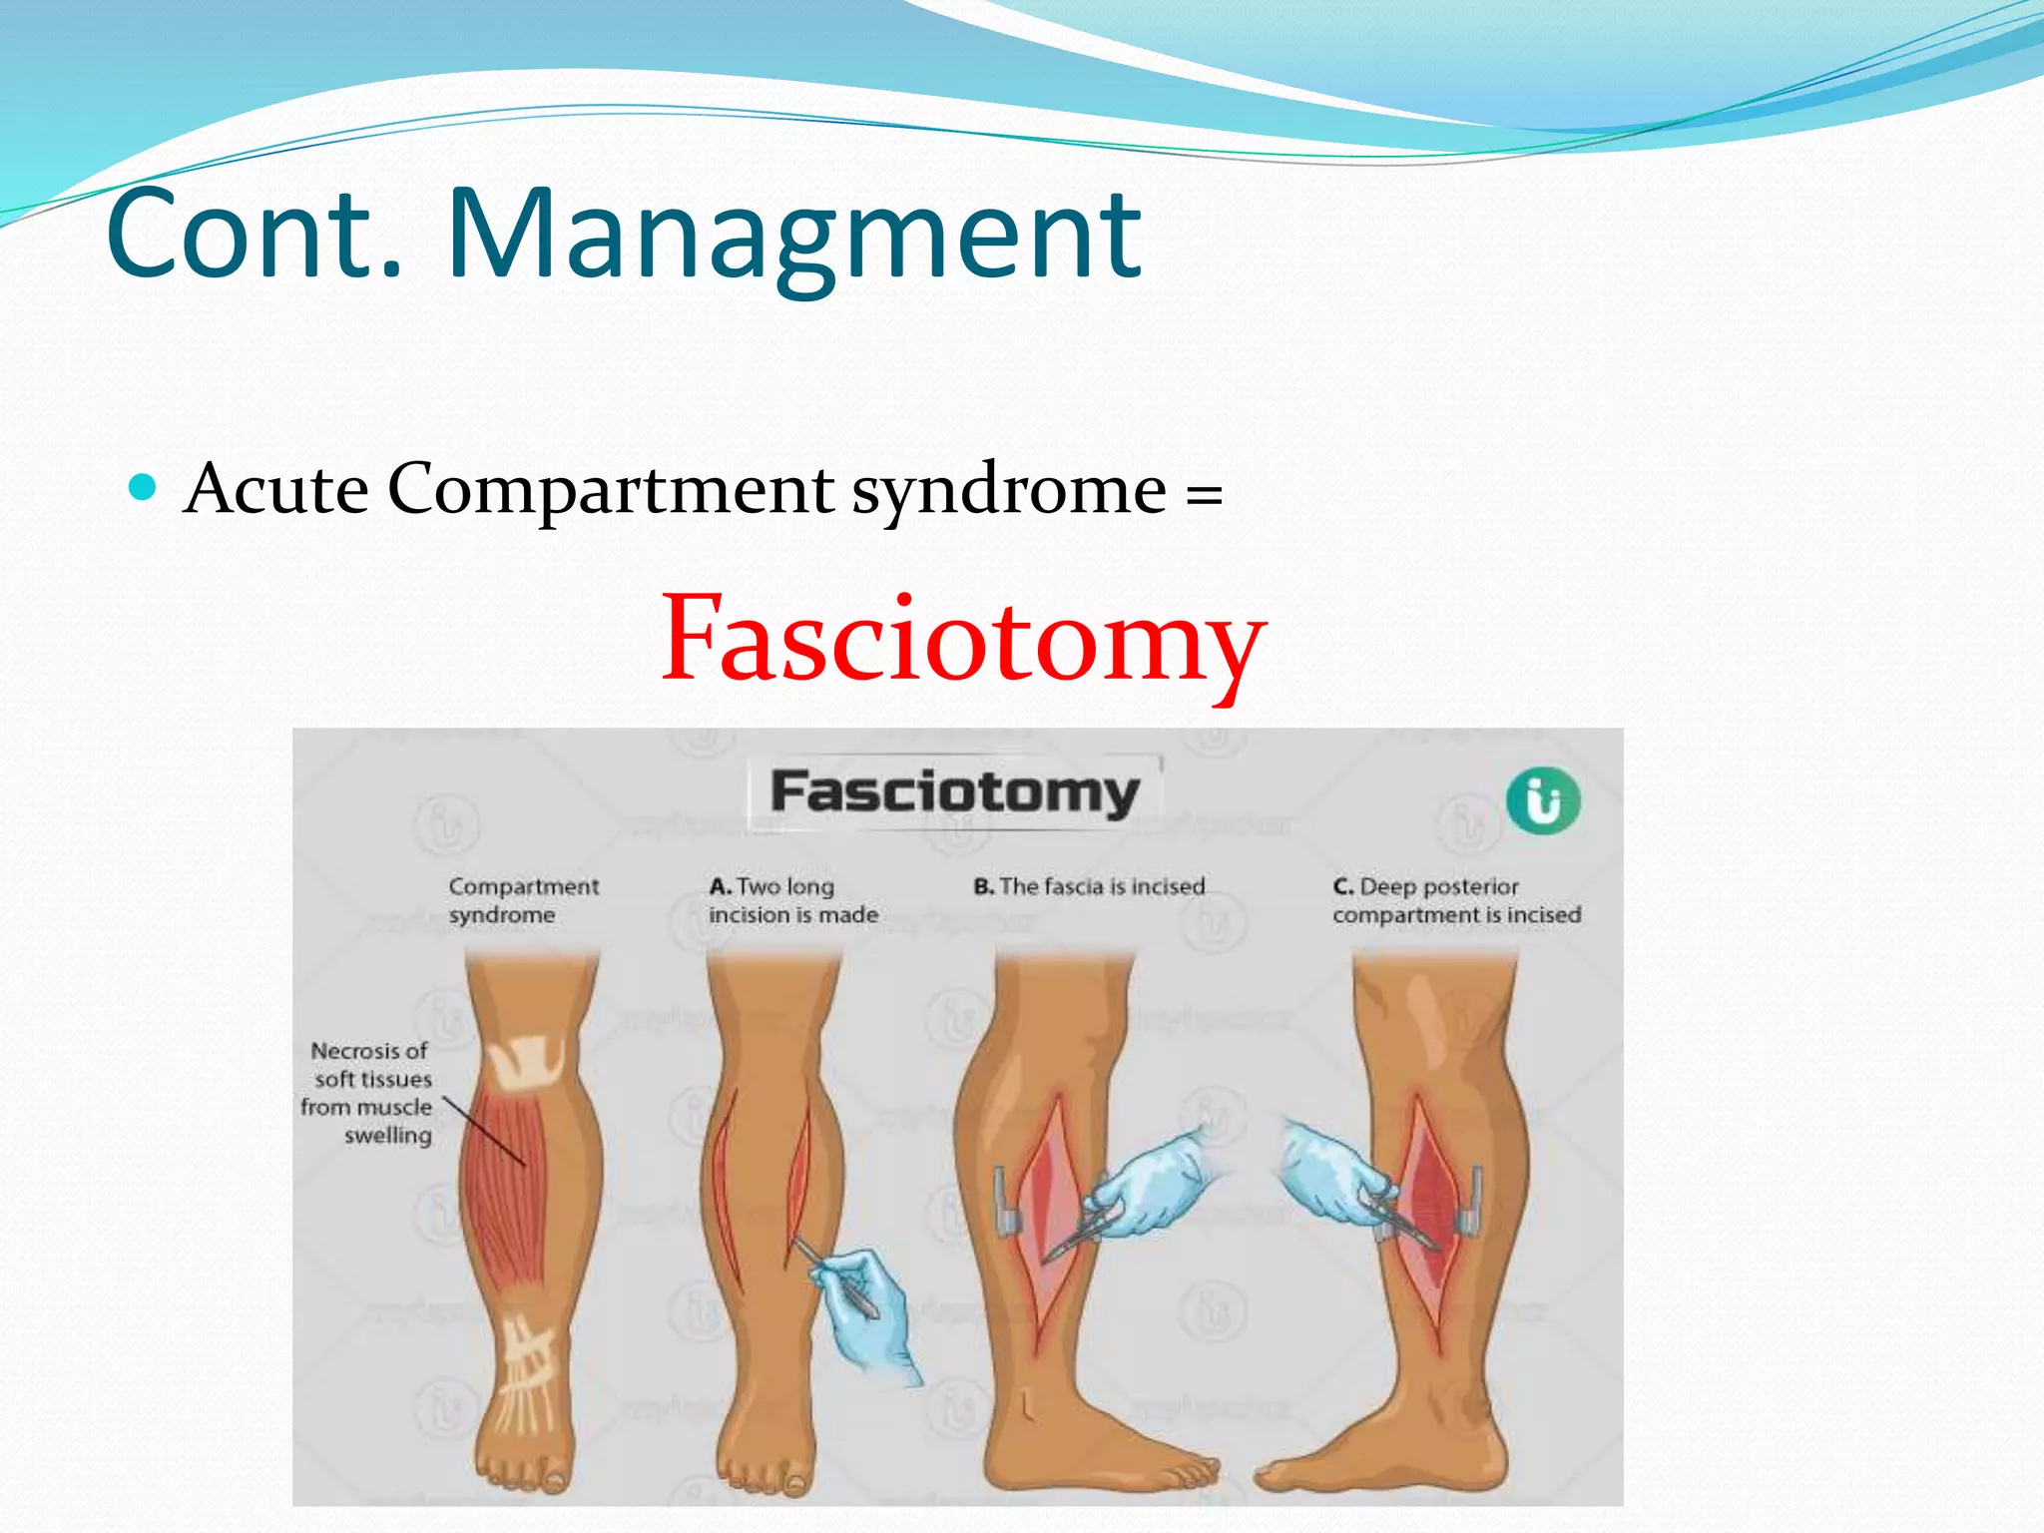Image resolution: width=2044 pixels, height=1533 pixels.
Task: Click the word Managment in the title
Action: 793,235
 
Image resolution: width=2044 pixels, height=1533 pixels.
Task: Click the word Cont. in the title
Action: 255,235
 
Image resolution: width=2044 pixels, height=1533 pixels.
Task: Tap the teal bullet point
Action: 145,487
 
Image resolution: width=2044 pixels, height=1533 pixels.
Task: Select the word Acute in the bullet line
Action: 276,489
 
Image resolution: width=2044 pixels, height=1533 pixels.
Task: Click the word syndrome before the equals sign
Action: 1008,491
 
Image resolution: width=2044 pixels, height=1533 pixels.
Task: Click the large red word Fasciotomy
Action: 963,639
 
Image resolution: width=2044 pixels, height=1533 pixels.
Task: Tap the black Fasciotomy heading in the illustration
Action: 955,793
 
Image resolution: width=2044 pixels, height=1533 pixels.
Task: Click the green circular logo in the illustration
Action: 1543,799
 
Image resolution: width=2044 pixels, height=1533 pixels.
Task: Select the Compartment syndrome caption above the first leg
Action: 523,900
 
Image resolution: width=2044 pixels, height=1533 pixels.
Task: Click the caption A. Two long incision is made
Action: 792,900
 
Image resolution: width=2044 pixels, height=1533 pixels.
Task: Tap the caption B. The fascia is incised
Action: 1089,886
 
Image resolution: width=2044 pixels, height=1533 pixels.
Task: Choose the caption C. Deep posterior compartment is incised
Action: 1456,900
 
